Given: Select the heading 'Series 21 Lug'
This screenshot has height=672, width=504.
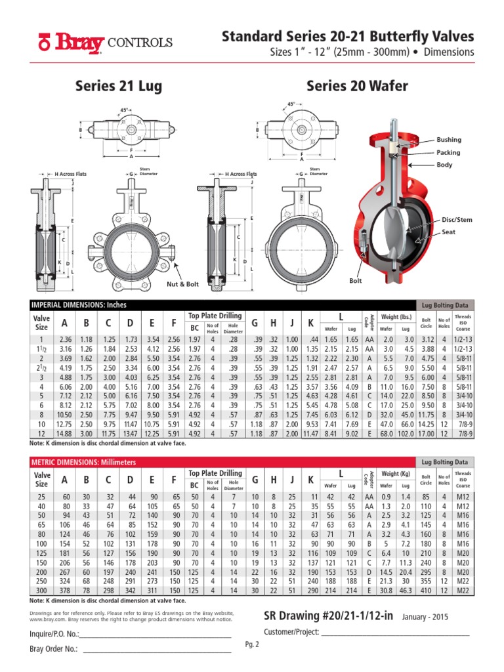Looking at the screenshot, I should pyautogui.click(x=119, y=86).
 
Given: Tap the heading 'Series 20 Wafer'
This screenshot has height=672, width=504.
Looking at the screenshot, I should pyautogui.click(x=357, y=86).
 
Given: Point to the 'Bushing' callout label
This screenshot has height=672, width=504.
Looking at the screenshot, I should pyautogui.click(x=450, y=140).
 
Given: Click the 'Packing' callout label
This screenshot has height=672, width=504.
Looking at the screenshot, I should pyautogui.click(x=449, y=152).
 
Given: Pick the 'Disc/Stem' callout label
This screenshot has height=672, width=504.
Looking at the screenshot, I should pyautogui.click(x=457, y=219).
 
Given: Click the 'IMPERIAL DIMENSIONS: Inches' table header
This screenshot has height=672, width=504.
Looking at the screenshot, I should pyautogui.click(x=79, y=304).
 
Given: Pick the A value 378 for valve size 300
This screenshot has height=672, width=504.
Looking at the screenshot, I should pyautogui.click(x=64, y=591).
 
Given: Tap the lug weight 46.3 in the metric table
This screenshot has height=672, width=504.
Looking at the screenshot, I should pyautogui.click(x=406, y=591).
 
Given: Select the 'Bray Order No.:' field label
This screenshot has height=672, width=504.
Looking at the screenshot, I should pyautogui.click(x=54, y=649).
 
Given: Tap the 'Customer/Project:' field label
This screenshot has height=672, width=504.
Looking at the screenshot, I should pyautogui.click(x=291, y=632).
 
